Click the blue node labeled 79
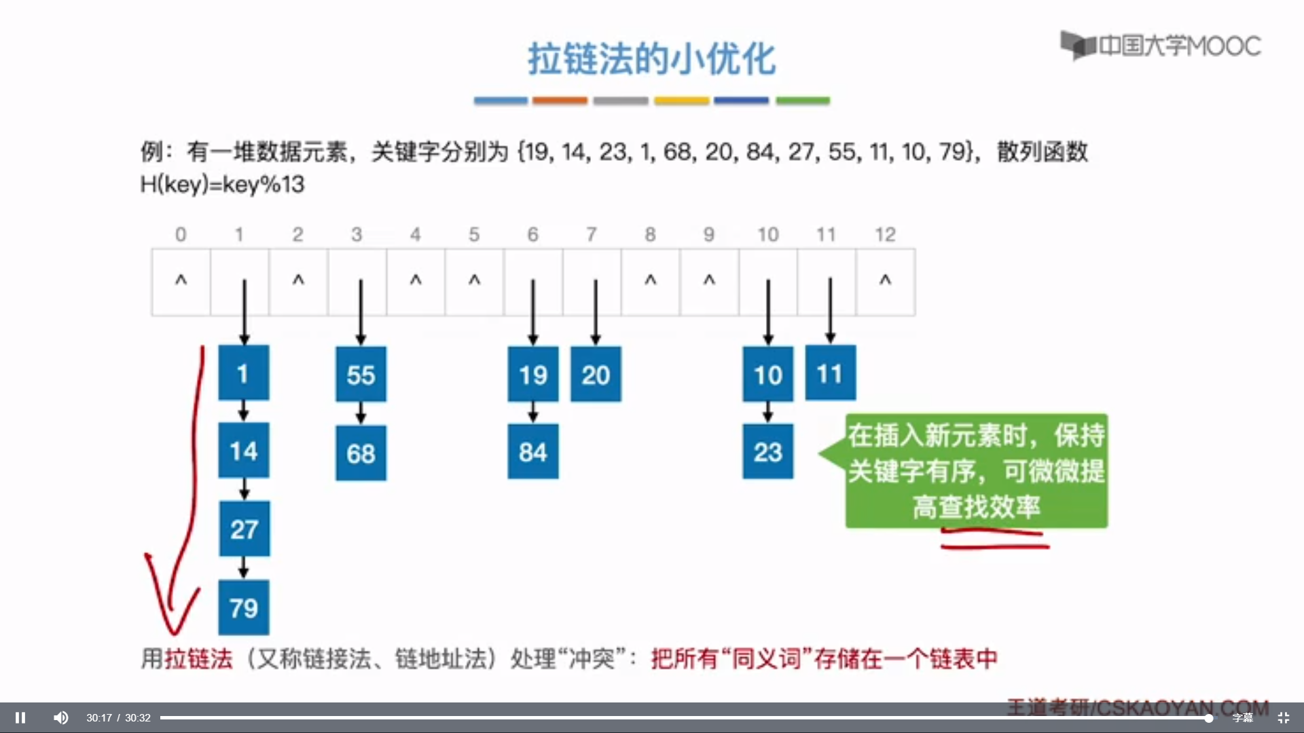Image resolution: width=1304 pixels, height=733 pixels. [243, 607]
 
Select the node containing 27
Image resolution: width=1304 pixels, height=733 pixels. [244, 529]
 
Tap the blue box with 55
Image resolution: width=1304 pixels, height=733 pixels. [361, 374]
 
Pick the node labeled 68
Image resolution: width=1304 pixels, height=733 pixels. [361, 453]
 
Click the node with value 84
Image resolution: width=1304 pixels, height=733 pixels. [533, 451]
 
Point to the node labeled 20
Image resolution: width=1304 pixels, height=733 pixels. [596, 374]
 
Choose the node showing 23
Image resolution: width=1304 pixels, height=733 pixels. [767, 451]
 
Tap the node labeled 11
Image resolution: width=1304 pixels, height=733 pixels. [830, 373]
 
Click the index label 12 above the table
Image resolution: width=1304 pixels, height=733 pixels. [885, 234]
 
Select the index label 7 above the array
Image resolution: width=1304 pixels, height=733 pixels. [592, 234]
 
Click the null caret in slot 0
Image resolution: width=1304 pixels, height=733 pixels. [181, 280]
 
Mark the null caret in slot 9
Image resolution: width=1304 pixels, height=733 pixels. [709, 280]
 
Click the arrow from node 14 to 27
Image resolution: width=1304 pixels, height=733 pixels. [244, 489]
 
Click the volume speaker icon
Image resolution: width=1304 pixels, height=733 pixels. [61, 717]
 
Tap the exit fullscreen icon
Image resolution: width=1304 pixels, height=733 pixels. [1283, 717]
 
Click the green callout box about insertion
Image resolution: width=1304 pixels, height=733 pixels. [976, 470]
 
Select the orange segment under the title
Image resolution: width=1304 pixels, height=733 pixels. [560, 100]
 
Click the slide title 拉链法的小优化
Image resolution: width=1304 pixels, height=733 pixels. [651, 58]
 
